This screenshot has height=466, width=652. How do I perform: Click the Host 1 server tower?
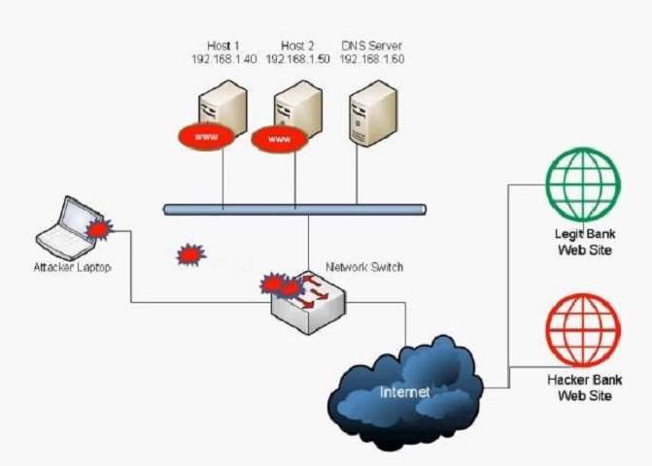tap(221, 109)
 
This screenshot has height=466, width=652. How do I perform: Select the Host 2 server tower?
tap(295, 109)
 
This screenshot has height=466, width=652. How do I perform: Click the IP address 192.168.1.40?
tap(223, 60)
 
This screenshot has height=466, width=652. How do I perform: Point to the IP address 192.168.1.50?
tap(296, 60)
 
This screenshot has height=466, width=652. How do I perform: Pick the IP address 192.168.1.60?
tap(371, 60)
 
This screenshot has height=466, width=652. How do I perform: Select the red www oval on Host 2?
tap(279, 140)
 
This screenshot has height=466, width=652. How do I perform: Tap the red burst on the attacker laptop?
tap(98, 229)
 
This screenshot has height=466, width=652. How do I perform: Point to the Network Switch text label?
tap(364, 267)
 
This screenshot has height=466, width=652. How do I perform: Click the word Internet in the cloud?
tap(405, 393)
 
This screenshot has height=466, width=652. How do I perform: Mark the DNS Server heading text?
tap(371, 47)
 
